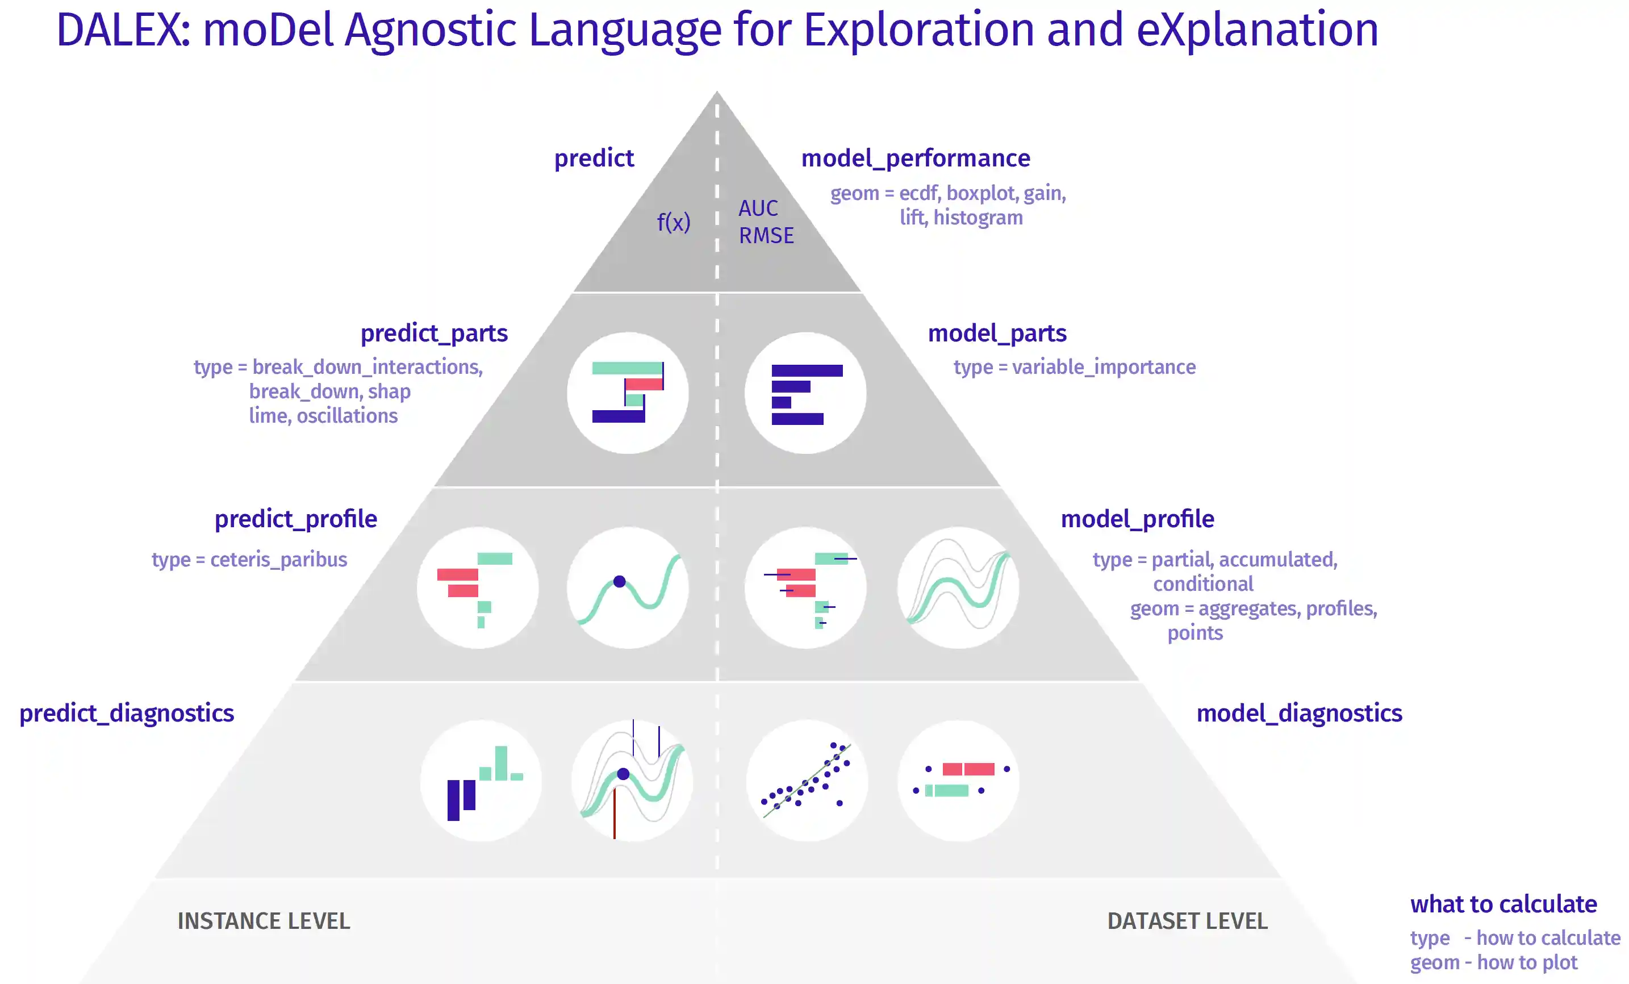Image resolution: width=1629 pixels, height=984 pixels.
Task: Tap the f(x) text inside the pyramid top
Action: click(x=674, y=222)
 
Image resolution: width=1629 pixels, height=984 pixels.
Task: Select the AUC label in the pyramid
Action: click(x=758, y=209)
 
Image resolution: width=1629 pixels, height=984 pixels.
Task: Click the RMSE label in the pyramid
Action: click(x=766, y=235)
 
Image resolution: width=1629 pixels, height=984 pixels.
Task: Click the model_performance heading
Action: click(x=916, y=159)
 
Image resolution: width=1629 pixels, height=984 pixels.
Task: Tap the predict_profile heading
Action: click(x=296, y=519)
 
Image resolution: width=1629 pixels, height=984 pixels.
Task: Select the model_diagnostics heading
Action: click(x=1299, y=714)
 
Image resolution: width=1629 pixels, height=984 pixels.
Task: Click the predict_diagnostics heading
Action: click(x=127, y=714)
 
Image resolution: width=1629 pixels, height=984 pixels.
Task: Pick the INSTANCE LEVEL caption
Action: click(x=264, y=921)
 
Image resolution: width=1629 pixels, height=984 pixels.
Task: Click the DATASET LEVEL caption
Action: click(x=1187, y=921)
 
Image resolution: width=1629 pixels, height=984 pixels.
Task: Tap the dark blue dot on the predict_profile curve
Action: click(x=620, y=582)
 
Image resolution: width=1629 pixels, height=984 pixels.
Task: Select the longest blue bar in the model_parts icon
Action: click(x=807, y=371)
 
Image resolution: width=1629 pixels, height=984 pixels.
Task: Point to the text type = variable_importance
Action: click(x=1074, y=367)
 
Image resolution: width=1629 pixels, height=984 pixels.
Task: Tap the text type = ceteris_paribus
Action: click(x=249, y=560)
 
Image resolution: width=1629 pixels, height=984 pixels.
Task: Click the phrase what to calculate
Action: click(x=1503, y=904)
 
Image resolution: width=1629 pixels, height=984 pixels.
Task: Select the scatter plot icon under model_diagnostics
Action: click(x=807, y=780)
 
